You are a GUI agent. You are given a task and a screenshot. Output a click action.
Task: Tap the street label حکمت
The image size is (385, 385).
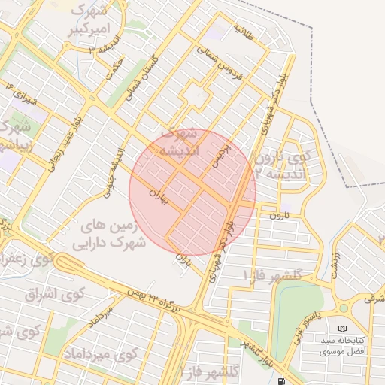pyautogui.click(x=114, y=65)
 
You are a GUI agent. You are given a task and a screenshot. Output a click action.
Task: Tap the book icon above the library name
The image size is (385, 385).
pyautogui.click(x=343, y=329)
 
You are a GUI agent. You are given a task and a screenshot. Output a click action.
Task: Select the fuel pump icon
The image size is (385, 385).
pyautogui.click(x=280, y=380)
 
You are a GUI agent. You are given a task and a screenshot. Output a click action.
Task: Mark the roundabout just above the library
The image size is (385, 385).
pyautogui.click(x=344, y=307)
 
